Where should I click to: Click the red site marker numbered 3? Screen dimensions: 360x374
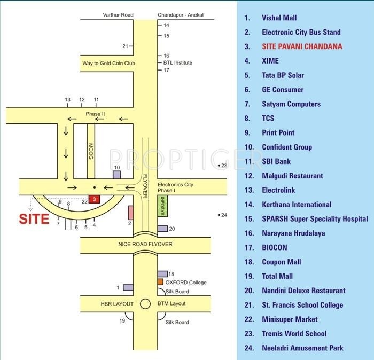pos(94,199)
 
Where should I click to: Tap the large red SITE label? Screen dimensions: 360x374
pos(34,219)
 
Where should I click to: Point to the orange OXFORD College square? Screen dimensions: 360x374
pos(160,282)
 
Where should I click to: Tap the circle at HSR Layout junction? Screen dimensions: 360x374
pos(145,303)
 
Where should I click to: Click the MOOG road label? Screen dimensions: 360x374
pos(91,151)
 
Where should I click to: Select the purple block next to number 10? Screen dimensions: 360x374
pos(117,175)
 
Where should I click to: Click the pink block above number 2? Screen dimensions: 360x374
pos(130,212)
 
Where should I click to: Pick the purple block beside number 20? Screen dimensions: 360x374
pos(162,229)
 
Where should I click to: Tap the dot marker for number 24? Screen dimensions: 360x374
pos(219,215)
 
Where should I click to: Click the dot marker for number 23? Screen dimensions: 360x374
pos(219,166)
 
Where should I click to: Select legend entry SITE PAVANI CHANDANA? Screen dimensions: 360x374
pos(302,46)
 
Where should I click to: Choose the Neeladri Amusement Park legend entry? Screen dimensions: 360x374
pos(302,348)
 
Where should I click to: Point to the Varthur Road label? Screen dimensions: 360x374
pos(118,15)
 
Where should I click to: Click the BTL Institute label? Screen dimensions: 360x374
pos(178,63)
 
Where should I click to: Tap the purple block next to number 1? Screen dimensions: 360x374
pos(128,287)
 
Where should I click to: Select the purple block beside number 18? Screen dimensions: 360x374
pos(162,274)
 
